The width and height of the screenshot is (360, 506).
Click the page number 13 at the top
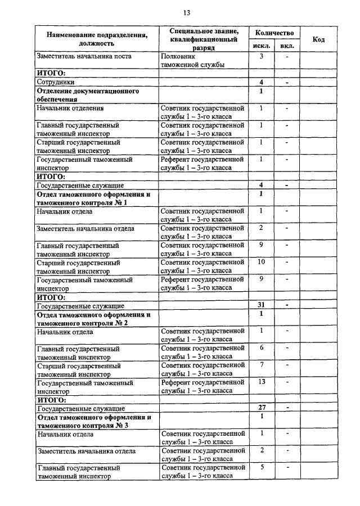186,13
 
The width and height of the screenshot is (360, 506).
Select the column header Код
318,39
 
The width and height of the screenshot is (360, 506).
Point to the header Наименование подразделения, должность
97,39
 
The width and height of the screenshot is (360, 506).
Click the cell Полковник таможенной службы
193,61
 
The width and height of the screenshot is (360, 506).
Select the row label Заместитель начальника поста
84,57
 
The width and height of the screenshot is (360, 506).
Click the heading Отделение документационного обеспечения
88,94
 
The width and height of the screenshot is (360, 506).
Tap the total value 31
262,305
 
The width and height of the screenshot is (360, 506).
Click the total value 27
262,408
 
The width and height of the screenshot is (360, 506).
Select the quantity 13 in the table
262,382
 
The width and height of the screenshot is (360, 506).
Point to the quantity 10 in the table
262,261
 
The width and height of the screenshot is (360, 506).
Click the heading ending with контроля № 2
93,319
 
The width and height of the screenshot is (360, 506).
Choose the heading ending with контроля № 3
94,422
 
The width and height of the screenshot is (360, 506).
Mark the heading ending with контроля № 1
93,198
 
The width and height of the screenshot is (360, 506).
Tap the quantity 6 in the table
262,348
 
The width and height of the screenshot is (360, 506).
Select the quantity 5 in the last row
262,467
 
